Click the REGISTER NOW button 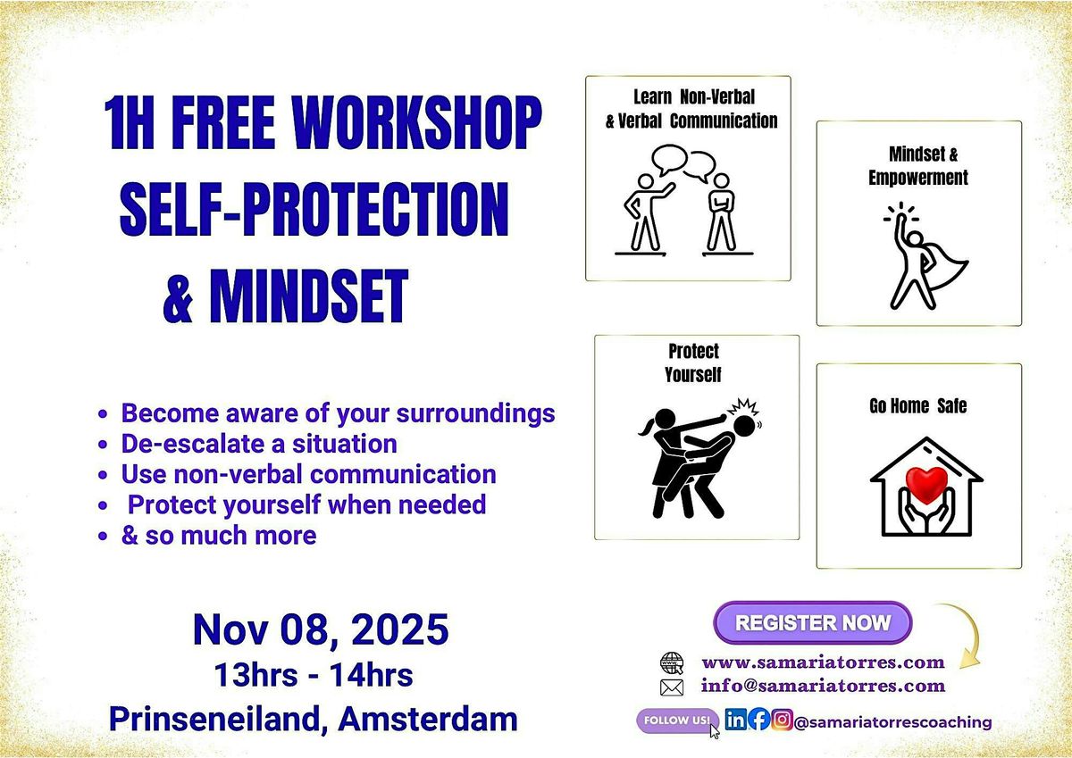click(x=812, y=622)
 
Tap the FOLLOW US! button click(x=676, y=720)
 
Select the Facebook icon click(x=758, y=721)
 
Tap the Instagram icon click(x=781, y=721)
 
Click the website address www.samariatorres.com click(x=823, y=662)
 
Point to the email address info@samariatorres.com click(x=823, y=686)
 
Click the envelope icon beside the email click(x=671, y=687)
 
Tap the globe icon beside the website click(x=671, y=662)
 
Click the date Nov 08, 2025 click(x=321, y=630)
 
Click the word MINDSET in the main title click(x=308, y=297)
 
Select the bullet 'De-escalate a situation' click(x=259, y=443)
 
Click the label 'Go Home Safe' click(x=917, y=406)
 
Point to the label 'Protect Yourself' click(x=692, y=362)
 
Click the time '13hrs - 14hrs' click(x=313, y=676)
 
